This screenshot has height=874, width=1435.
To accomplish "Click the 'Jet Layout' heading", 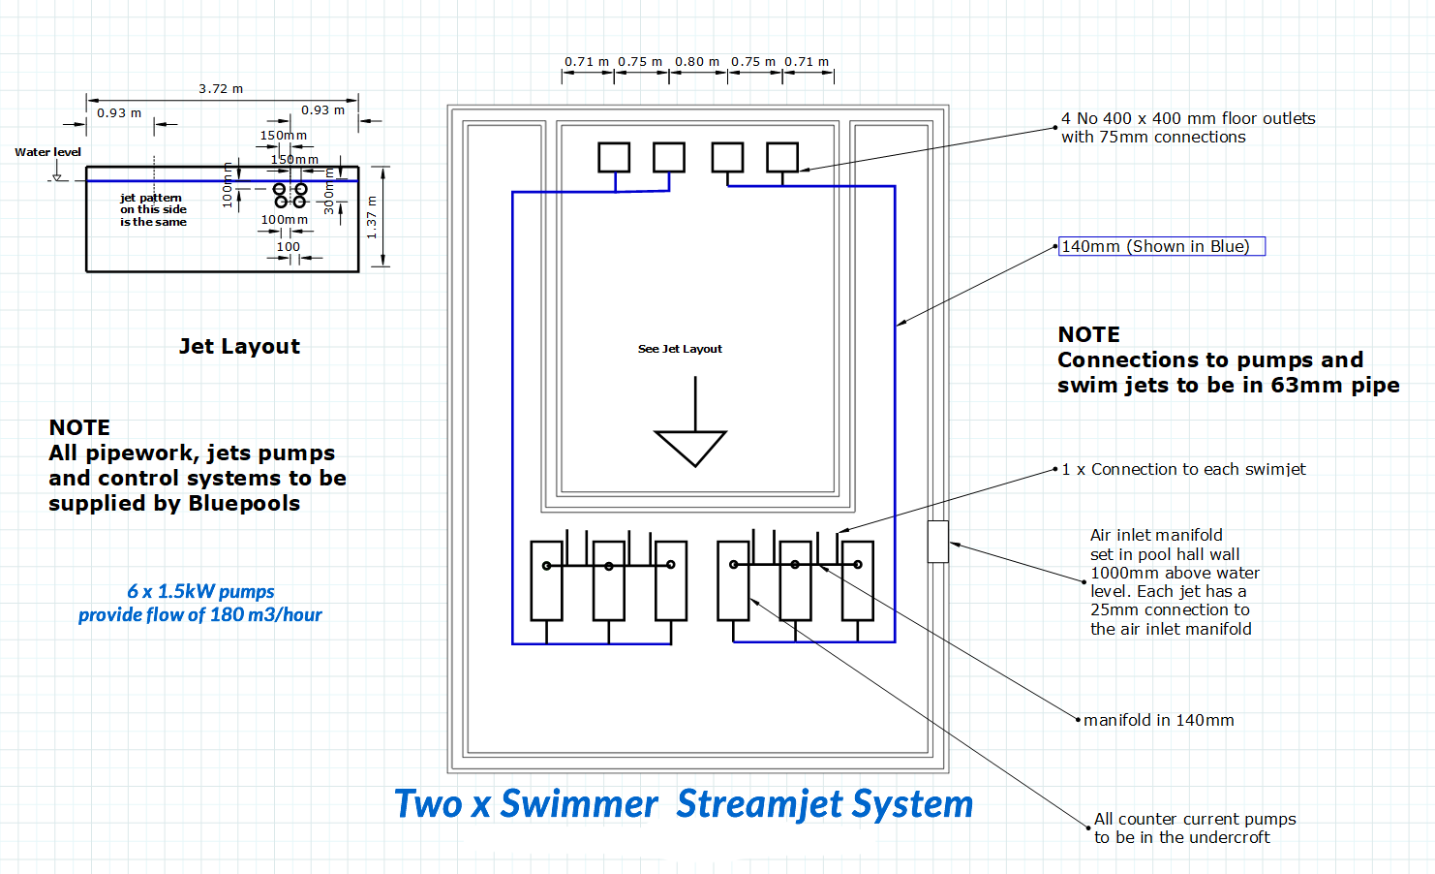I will (239, 347).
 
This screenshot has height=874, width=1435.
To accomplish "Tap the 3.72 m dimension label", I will (221, 88).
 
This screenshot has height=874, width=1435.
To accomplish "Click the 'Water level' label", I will (47, 152).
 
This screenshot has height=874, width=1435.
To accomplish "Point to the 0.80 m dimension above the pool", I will (696, 61).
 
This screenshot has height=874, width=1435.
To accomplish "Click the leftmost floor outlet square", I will (614, 157).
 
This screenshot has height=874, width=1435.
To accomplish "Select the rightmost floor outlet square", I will (782, 157).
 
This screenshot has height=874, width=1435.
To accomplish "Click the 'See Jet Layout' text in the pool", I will (680, 349).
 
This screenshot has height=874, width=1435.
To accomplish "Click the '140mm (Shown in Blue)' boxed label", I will (1161, 246).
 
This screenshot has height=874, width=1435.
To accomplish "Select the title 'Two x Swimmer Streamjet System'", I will (683, 804).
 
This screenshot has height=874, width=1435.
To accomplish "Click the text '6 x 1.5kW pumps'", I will (200, 591).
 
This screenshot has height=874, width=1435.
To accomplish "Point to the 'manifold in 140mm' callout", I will (1158, 720).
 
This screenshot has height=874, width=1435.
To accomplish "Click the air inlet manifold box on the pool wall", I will (937, 542).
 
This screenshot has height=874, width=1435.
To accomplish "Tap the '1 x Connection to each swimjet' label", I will (1183, 469).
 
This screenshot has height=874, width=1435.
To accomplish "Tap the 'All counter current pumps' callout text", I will (1194, 819).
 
